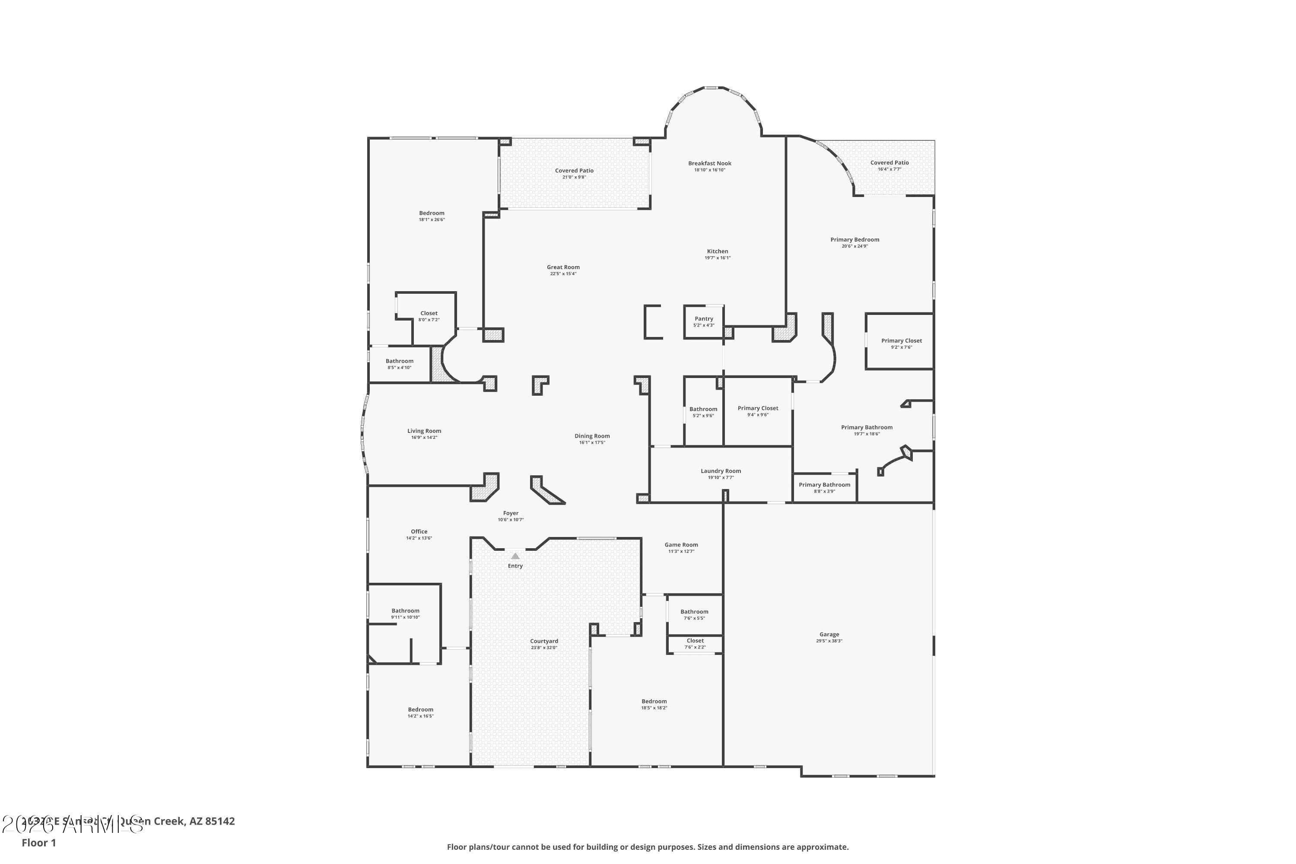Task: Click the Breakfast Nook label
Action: [709, 163]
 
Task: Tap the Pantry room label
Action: [704, 318]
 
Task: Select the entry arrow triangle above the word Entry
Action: [515, 556]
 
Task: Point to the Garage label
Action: [829, 634]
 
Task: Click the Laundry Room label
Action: [720, 470]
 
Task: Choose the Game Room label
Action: [681, 544]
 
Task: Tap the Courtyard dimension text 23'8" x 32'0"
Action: [544, 648]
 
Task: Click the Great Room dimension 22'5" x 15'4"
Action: [563, 274]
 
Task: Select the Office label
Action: [419, 532]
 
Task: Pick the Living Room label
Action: [424, 431]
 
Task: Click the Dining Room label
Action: [592, 436]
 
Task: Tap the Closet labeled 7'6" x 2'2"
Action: [695, 641]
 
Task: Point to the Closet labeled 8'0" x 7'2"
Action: [429, 313]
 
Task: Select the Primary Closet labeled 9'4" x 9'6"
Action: [758, 408]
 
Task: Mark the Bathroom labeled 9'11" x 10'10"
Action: [405, 610]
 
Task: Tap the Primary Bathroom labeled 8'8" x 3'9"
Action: [824, 485]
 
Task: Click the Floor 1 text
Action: [38, 842]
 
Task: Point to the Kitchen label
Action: [718, 251]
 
